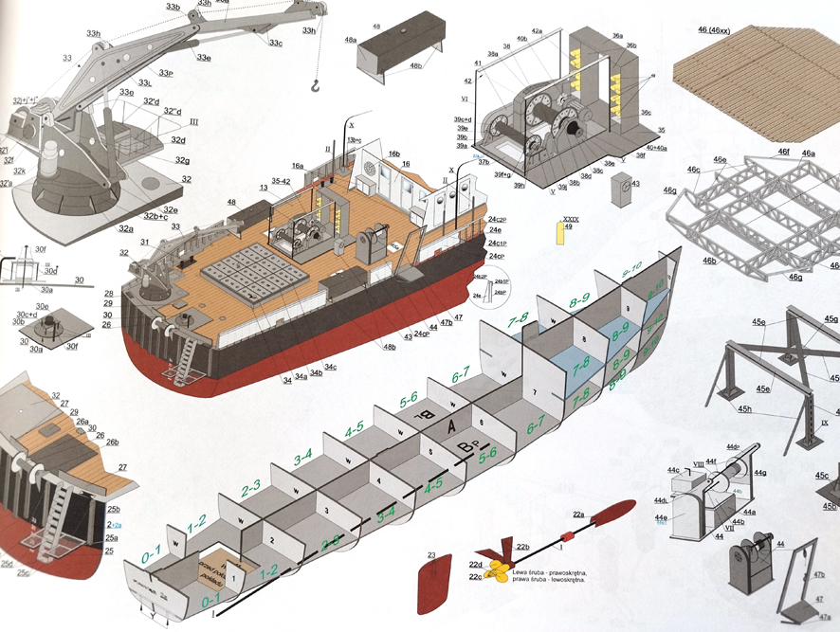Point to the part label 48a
pos(350,40)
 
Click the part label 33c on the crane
pos(276,43)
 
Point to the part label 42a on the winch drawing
pos(537,31)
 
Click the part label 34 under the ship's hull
pos(286,381)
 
